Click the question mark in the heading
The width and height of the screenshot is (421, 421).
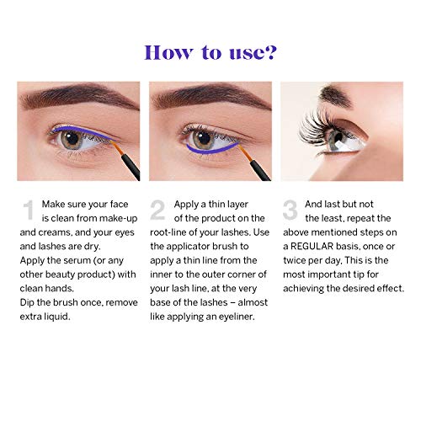click(x=270, y=52)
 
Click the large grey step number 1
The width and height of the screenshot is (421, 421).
click(x=29, y=210)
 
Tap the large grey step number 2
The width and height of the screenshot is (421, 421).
click(x=157, y=210)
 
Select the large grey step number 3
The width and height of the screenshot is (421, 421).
click(x=290, y=210)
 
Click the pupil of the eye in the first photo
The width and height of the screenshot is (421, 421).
click(x=72, y=138)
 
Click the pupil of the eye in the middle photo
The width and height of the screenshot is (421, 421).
click(x=203, y=137)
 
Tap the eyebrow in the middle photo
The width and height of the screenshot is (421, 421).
click(x=211, y=96)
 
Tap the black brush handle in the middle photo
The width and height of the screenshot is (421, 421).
click(x=261, y=168)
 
